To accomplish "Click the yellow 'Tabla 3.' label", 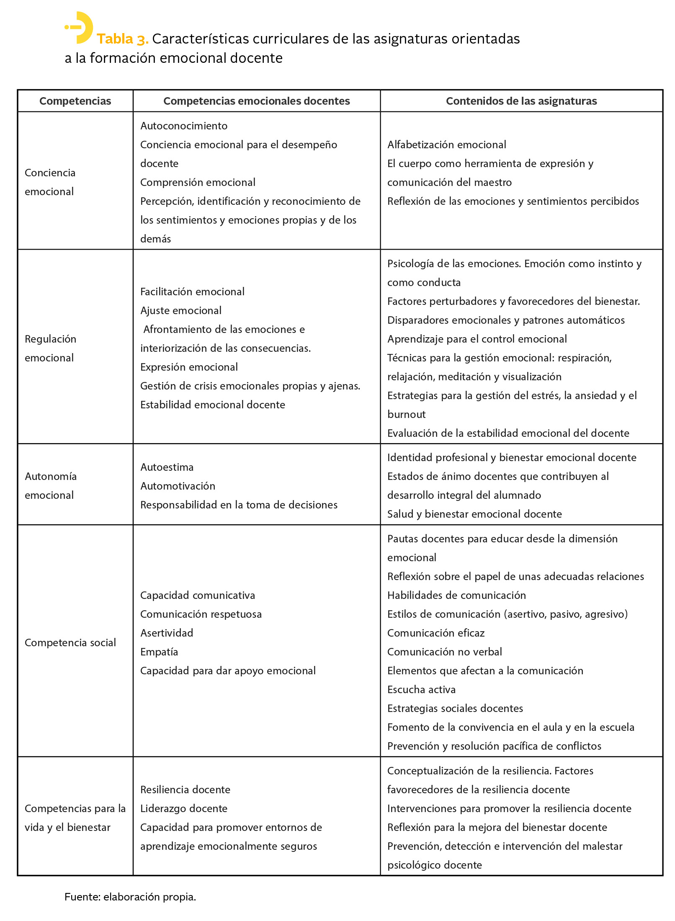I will (122, 39).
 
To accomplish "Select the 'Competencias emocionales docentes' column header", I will (256, 101).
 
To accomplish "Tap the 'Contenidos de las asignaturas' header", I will (521, 101).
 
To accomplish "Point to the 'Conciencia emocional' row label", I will (50, 182).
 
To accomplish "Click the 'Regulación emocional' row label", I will (50, 348).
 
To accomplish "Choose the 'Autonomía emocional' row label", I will (51, 485).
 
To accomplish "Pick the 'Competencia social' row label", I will (70, 642).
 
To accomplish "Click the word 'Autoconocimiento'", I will (184, 126).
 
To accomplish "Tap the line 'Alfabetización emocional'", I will (446, 144).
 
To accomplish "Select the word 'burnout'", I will (406, 414).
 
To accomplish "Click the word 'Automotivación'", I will (178, 486).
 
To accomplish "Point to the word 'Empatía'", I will (159, 652).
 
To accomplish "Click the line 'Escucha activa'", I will (421, 689).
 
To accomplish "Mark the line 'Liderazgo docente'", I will (184, 808).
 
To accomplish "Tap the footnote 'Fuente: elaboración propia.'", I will (130, 897).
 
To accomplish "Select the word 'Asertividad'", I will (167, 633).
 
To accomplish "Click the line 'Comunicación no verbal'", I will (444, 652).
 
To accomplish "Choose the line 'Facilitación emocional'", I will (192, 292).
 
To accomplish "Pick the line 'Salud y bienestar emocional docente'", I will (474, 514).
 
